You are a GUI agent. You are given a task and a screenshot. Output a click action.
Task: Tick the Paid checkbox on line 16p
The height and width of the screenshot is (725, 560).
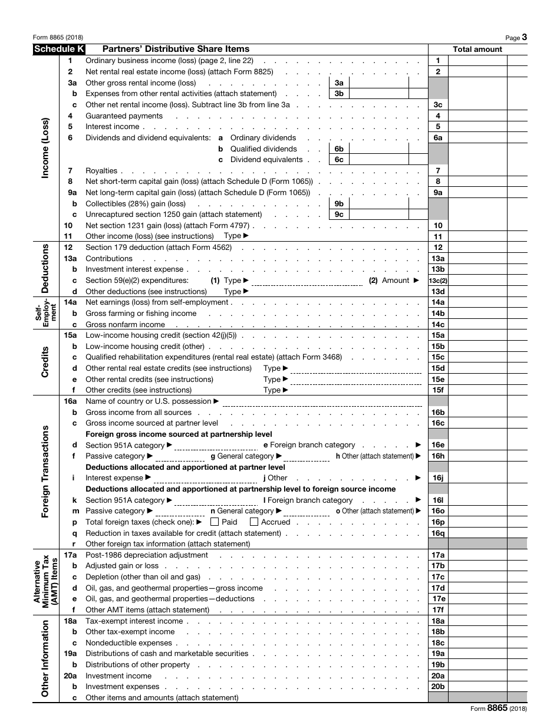coord(215,522)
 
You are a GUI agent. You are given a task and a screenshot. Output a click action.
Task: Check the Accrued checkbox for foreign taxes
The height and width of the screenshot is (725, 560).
coord(254,522)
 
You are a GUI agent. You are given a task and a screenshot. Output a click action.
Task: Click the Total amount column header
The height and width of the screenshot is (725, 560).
coord(477,50)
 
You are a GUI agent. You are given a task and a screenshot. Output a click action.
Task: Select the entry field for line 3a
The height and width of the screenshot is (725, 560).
coord(378,83)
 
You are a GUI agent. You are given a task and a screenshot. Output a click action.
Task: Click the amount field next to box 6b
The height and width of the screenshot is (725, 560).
coord(378,149)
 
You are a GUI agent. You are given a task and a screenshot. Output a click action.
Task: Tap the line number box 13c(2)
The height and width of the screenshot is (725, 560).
coord(438,281)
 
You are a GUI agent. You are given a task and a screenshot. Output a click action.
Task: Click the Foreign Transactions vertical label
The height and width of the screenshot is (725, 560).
coord(45,472)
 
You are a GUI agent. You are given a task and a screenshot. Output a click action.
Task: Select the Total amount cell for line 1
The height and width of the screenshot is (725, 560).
coord(477,61)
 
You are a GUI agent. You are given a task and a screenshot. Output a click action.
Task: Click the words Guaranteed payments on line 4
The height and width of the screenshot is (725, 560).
coord(124,116)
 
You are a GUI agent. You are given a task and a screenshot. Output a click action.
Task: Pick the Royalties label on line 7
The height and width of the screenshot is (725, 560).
coord(101,171)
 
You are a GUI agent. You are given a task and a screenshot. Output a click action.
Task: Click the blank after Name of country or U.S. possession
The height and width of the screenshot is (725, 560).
coord(324,401)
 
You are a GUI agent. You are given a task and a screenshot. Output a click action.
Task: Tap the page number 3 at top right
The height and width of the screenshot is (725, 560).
coord(524,37)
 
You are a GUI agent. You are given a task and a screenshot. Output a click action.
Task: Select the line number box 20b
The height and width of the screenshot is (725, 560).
coord(438,687)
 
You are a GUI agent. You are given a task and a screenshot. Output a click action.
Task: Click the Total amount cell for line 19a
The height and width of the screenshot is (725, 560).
coord(477,654)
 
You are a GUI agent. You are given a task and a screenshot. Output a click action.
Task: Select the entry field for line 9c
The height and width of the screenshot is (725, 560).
coord(378,215)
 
